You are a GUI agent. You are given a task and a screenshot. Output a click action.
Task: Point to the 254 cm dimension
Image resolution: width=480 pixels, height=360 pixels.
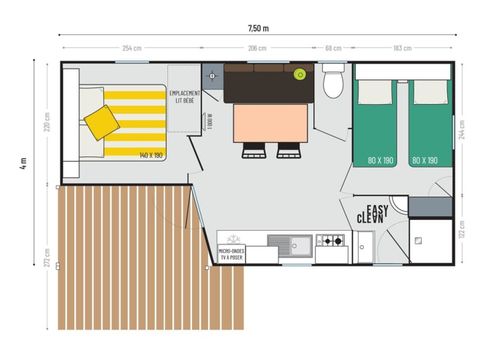tap(130, 48)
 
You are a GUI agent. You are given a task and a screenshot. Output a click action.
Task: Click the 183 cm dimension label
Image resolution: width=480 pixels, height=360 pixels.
tap(403, 48)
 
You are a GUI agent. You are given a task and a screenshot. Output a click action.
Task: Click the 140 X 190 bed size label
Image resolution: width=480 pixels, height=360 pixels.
tap(152, 156)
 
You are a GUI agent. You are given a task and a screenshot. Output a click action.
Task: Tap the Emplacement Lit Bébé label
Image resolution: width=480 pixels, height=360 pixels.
tap(186, 96)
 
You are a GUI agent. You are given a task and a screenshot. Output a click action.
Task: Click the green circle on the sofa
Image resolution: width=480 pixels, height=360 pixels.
tap(299, 73)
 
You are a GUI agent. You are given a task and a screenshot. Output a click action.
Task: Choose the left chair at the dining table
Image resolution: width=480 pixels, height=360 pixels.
tap(254, 150)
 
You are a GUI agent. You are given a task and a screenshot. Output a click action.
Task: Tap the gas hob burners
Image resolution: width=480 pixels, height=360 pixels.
tap(330, 241)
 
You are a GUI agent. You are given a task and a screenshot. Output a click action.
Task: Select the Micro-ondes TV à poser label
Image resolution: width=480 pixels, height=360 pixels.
tap(234, 253)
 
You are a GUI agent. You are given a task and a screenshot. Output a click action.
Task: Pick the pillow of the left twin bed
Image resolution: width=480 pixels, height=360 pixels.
tap(376, 92)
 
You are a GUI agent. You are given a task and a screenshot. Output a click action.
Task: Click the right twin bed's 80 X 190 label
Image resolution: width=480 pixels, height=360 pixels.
tap(425, 159)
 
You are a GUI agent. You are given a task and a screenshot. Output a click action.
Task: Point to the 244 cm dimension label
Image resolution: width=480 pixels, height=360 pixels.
tap(460, 130)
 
